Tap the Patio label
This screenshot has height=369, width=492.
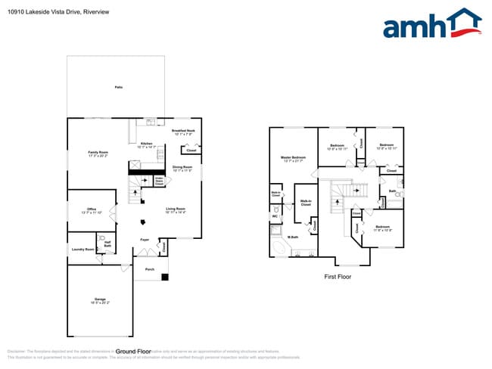[118, 88]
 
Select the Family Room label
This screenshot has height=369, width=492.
[98, 152]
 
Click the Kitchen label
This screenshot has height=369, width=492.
[147, 144]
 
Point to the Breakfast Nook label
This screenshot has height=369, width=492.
[185, 131]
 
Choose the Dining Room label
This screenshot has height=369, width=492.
[182, 166]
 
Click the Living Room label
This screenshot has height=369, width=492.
[176, 209]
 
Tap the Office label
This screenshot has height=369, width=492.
[91, 209]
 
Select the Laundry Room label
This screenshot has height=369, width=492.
[83, 249]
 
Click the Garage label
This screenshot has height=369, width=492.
[100, 299]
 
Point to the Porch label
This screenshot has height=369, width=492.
[150, 268]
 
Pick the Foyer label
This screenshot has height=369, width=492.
[144, 240]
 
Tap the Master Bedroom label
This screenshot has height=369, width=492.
[292, 157]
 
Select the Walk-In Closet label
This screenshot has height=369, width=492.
[306, 203]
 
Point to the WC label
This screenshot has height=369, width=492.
[276, 216]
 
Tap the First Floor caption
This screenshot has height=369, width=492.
[337, 277]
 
